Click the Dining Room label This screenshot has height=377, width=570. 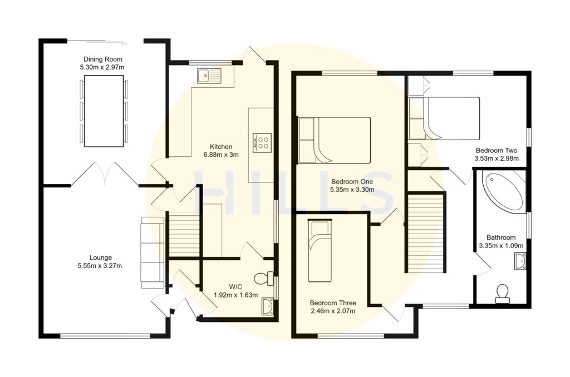(x=103, y=59)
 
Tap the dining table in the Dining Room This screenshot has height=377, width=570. (x=103, y=111)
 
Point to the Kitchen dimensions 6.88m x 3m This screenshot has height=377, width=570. (x=221, y=155)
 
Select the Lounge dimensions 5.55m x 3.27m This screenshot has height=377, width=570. (x=101, y=266)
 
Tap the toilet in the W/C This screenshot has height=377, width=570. (x=262, y=277)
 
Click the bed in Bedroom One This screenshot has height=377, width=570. (x=334, y=140)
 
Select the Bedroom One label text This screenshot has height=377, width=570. (x=352, y=181)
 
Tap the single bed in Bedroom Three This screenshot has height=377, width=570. (x=320, y=251)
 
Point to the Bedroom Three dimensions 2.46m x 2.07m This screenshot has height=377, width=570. (x=333, y=311)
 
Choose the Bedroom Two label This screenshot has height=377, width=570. (x=497, y=150)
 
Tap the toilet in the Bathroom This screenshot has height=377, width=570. (x=502, y=293)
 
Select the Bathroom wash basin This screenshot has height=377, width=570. (x=519, y=261)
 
